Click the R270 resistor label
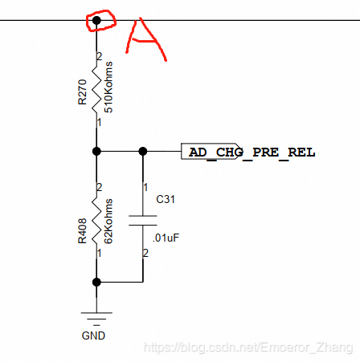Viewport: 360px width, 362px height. pos(82,92)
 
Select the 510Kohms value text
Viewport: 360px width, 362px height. pos(108,87)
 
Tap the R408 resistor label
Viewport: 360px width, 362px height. pos(82,231)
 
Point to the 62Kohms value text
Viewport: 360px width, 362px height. pos(108,222)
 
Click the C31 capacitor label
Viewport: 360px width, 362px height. pos(166,199)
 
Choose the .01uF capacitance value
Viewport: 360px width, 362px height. pos(166,238)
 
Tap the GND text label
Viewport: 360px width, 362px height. pos(93,336)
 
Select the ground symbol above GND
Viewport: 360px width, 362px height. pos(96,319)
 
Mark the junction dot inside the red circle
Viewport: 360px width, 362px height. pos(96,20)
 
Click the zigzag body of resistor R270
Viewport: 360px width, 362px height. pos(96,90)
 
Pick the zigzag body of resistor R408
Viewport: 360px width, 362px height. pos(96,221)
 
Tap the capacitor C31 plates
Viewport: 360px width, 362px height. pos(143,221)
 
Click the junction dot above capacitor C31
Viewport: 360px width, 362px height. pos(143,151)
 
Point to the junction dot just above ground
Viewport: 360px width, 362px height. pos(96,282)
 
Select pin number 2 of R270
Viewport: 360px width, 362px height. pos(100,56)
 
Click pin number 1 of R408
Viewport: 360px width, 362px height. pos(100,253)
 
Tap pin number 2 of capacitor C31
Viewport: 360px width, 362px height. pos(145,253)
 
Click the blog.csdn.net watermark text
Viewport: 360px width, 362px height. pos(248,348)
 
